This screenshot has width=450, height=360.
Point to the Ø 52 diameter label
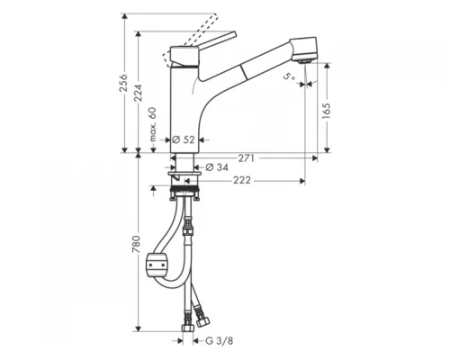click(184, 139)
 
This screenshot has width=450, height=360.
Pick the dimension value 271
click(247, 157)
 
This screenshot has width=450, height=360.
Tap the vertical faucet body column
click(184, 108)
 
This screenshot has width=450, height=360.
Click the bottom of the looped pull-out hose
click(175, 292)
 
